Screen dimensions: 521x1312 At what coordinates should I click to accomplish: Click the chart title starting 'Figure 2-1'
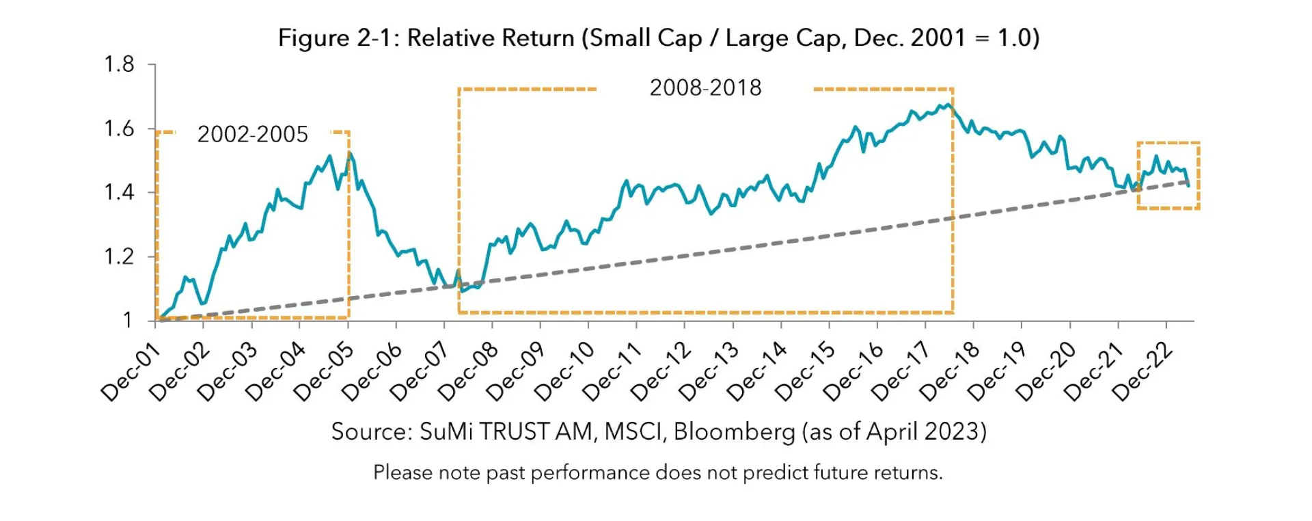[658, 38]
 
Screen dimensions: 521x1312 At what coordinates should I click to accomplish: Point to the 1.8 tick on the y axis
[119, 65]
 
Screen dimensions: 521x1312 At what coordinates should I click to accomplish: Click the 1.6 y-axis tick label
[119, 129]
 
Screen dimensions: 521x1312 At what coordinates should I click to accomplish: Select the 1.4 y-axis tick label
[119, 193]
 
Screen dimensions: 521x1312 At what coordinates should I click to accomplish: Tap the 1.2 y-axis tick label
[119, 257]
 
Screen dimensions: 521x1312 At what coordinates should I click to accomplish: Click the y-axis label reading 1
[127, 321]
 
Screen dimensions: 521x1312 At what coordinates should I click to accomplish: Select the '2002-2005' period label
[253, 135]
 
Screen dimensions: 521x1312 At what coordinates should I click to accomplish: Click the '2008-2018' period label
[705, 88]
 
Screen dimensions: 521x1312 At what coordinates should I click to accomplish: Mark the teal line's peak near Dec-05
[350, 153]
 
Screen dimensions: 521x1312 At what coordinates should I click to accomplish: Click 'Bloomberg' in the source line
[735, 432]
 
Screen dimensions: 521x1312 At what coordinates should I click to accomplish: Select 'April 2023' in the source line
[923, 432]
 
